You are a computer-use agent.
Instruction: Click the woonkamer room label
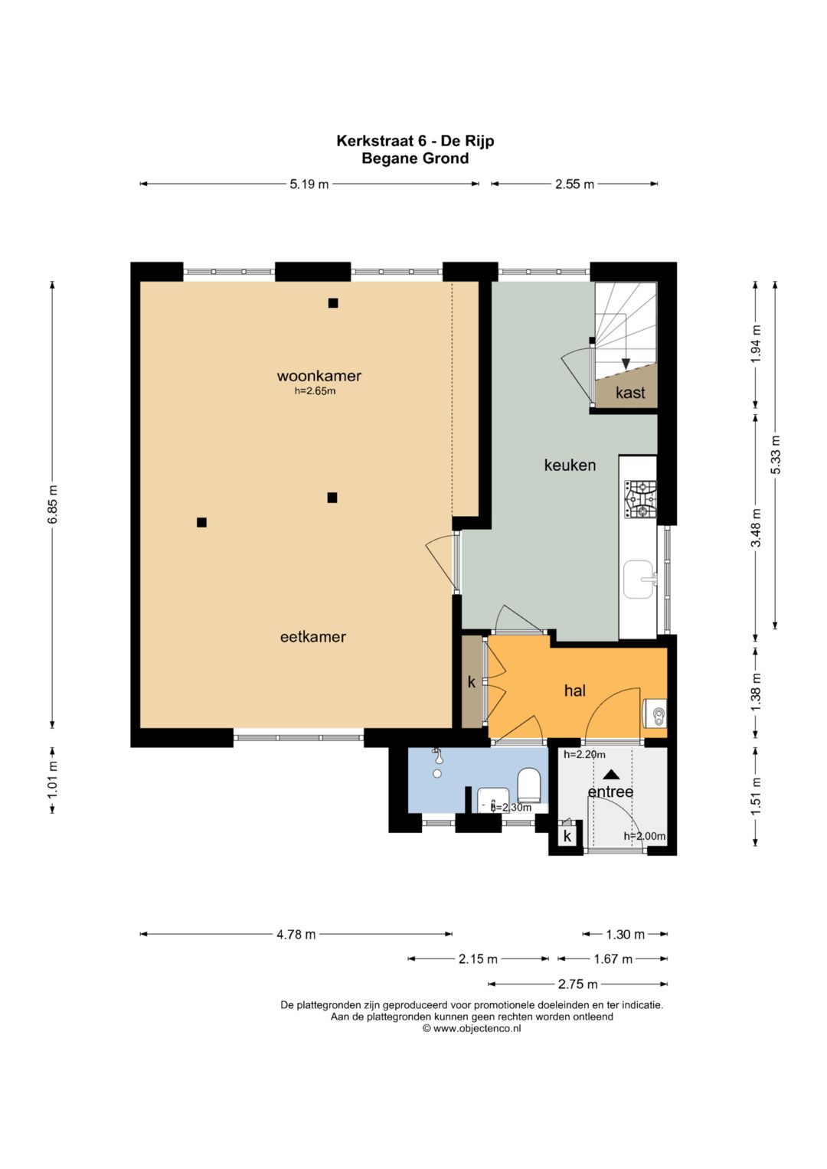click(x=319, y=376)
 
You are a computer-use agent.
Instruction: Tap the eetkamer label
click(x=312, y=637)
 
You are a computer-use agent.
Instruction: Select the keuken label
click(x=570, y=465)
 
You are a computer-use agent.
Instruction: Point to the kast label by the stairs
click(x=630, y=393)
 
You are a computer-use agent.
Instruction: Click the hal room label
click(x=575, y=691)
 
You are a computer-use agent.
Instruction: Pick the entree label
click(x=610, y=792)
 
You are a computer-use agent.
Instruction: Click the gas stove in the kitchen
click(x=640, y=499)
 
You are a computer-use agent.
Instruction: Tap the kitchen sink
click(x=639, y=580)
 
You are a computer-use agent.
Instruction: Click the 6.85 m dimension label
click(x=53, y=504)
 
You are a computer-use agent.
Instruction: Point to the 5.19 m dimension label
click(x=309, y=184)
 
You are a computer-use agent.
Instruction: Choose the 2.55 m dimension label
click(x=574, y=184)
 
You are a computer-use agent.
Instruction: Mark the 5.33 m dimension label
click(x=775, y=455)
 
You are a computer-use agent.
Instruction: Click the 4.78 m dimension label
click(x=296, y=934)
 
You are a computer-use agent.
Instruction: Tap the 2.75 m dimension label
click(x=577, y=985)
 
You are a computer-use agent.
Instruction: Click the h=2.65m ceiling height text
click(x=315, y=391)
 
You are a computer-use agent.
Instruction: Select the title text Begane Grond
click(x=415, y=158)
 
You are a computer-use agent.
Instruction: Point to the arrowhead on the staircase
click(x=626, y=364)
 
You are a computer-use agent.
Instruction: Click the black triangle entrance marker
click(x=610, y=774)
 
